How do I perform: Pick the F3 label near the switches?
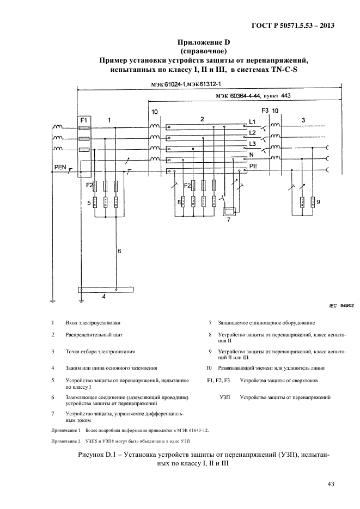pos(265,111)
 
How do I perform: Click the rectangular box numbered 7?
pos(231,211)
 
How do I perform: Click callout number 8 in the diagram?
pos(179,203)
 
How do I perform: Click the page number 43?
pos(331,483)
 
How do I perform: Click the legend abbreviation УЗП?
pos(225,397)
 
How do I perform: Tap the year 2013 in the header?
pos(324,24)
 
